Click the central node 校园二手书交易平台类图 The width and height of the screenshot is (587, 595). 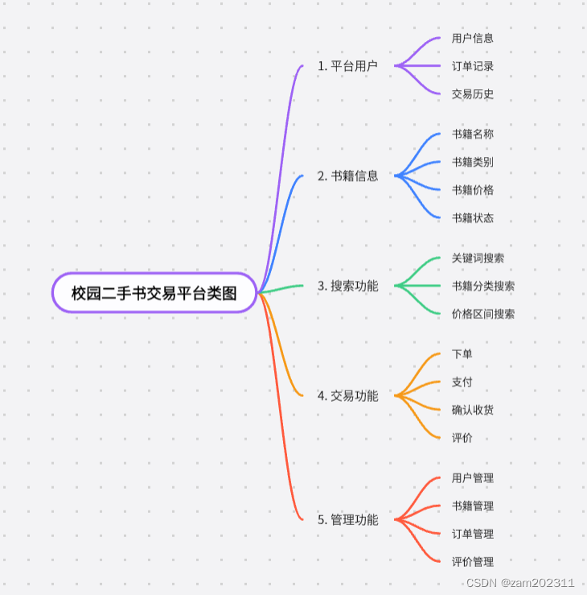154,293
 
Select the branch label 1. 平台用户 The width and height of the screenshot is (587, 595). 347,66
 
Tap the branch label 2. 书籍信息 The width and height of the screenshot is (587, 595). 347,176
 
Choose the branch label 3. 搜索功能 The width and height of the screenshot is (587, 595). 347,286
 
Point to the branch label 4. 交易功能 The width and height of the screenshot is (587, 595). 347,395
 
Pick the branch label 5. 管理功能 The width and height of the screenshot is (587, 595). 347,520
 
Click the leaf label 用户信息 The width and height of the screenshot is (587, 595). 473,38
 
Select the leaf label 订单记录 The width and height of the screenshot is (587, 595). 473,66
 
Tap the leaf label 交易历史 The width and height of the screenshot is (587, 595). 473,94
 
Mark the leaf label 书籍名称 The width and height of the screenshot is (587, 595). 473,134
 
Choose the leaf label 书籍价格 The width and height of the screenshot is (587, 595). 473,190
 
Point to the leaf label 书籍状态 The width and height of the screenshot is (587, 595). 473,218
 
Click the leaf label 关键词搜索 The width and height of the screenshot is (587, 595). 478,258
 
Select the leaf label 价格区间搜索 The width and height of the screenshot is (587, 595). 483,314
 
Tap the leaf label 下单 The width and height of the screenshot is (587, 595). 462,353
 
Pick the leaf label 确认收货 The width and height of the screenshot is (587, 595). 473,410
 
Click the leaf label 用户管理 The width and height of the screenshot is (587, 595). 473,478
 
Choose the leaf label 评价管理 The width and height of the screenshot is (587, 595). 473,562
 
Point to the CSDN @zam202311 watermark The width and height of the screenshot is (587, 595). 520,583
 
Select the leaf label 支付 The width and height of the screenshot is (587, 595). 462,382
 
